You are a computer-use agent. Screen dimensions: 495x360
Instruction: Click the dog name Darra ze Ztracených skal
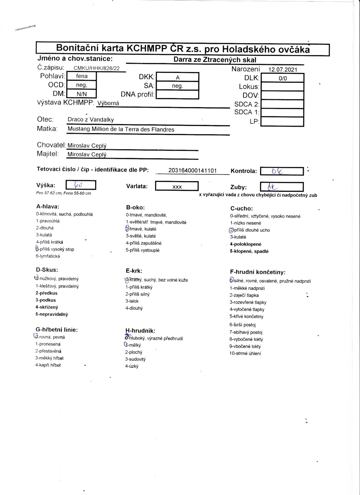pyautogui.click(x=215, y=60)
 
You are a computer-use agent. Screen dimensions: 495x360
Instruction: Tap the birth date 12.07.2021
pyautogui.click(x=283, y=70)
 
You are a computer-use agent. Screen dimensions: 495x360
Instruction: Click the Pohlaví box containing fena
pyautogui.click(x=82, y=76)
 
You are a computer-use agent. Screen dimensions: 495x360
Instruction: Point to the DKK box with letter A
pyautogui.click(x=177, y=77)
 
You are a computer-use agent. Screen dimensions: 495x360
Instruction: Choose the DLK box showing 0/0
pyautogui.click(x=282, y=78)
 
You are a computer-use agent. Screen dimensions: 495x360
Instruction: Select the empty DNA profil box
pyautogui.click(x=177, y=94)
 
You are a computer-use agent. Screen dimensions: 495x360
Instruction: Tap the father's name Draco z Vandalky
pyautogui.click(x=91, y=120)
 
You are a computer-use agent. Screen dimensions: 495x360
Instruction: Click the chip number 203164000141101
pyautogui.click(x=192, y=171)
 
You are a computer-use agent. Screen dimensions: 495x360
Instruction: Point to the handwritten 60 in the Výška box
pyautogui.click(x=78, y=185)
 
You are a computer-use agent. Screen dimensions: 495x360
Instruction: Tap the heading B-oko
pyautogui.click(x=135, y=208)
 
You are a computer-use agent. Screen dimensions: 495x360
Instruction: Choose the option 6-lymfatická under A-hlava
pyautogui.click(x=48, y=256)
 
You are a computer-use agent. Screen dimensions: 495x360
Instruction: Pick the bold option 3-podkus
pyautogui.click(x=46, y=300)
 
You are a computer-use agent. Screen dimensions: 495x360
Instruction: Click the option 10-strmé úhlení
pyautogui.click(x=245, y=353)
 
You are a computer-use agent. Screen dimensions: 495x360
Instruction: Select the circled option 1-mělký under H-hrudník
pyautogui.click(x=133, y=345)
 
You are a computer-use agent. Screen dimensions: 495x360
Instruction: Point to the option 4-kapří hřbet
pyautogui.click(x=48, y=365)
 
